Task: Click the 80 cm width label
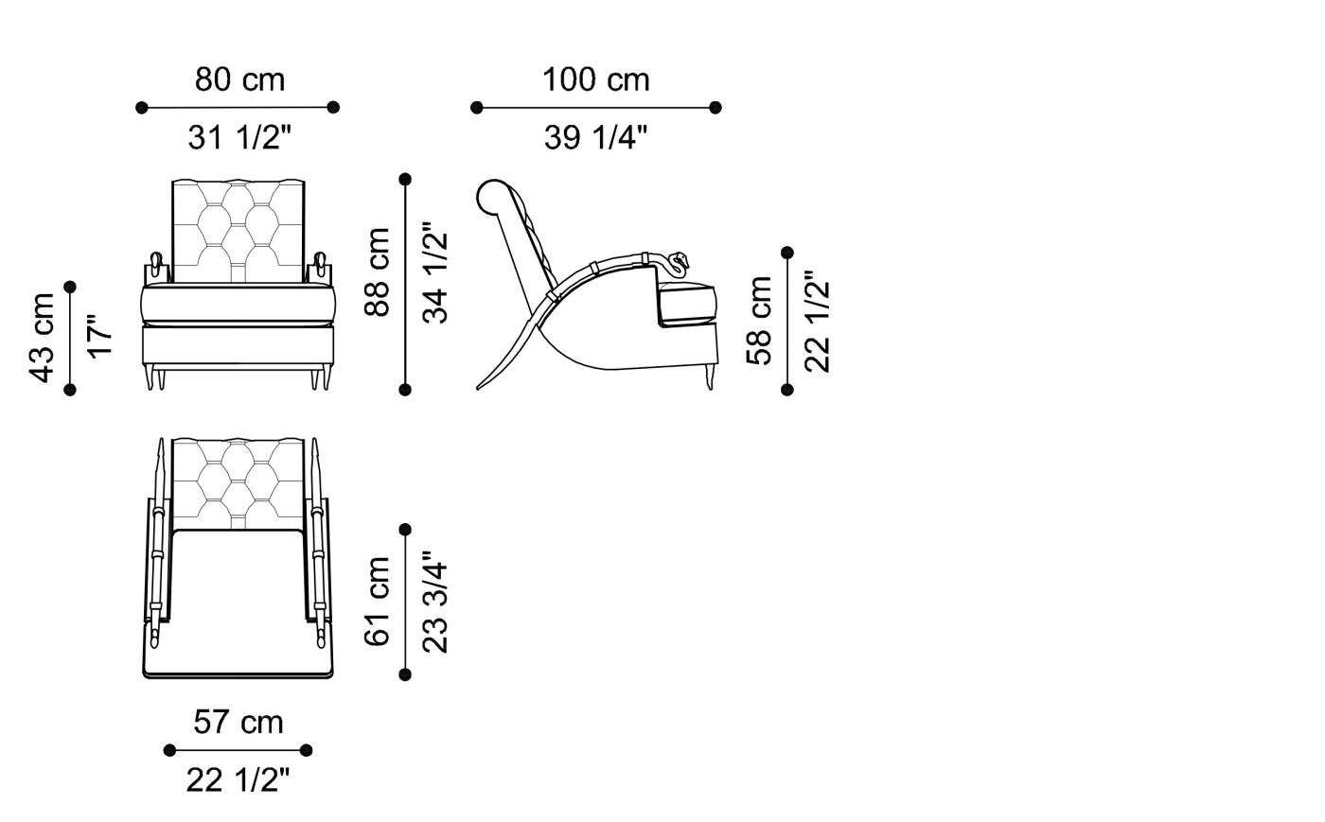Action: (239, 79)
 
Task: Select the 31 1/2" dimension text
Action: (239, 138)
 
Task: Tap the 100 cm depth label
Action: (595, 79)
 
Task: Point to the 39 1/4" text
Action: (595, 138)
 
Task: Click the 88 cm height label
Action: (377, 272)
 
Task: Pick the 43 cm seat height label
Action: (42, 338)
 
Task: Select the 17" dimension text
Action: (99, 337)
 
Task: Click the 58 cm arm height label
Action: (759, 321)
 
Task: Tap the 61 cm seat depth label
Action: (377, 602)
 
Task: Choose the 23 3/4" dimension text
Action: (434, 602)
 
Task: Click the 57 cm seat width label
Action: (238, 722)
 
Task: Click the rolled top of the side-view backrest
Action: (493, 197)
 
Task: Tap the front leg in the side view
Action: (709, 377)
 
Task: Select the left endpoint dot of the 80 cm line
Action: (141, 108)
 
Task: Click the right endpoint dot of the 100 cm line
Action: (715, 108)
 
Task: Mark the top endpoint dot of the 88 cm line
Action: (405, 179)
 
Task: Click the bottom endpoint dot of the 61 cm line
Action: (405, 674)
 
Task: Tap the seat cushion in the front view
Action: (238, 305)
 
